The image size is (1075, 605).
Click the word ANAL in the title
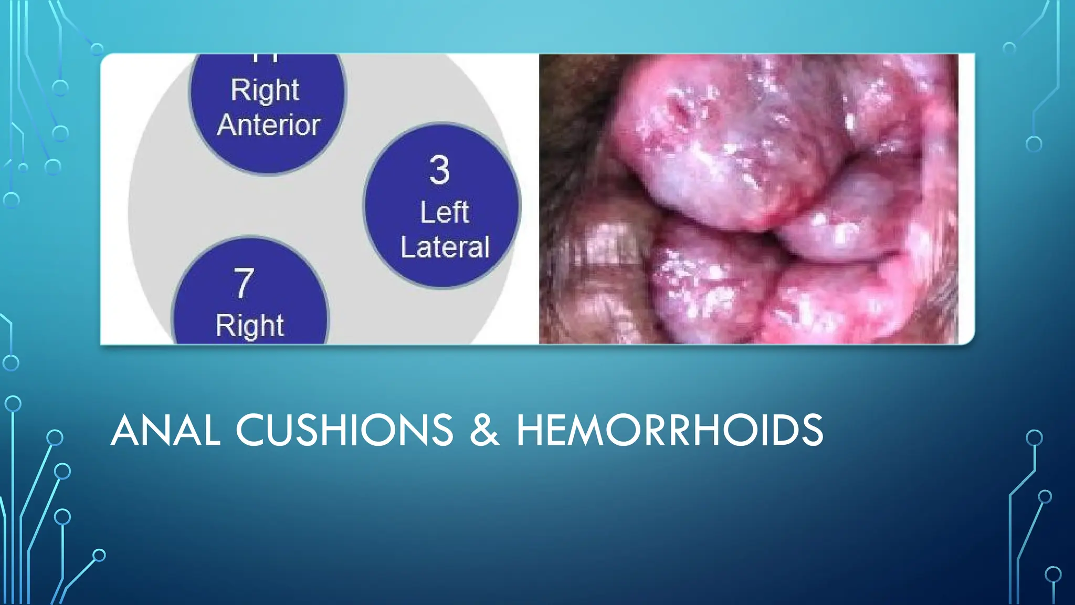tap(165, 430)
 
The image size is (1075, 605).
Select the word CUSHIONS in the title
tap(344, 430)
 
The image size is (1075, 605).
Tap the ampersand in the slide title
tap(484, 430)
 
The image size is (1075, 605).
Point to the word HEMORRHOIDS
tap(670, 430)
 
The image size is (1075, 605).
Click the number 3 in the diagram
tap(439, 170)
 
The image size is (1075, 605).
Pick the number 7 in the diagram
tap(244, 284)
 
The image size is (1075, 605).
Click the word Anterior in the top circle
tap(269, 125)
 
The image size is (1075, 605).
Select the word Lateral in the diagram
tap(445, 247)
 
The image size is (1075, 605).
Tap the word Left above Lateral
tap(444, 212)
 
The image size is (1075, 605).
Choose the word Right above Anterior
tap(265, 90)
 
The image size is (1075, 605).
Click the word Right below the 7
tap(249, 326)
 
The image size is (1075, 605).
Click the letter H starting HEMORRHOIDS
tap(532, 430)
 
